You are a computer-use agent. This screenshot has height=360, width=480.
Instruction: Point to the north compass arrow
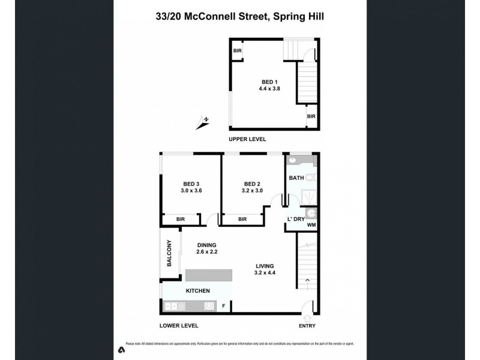202,123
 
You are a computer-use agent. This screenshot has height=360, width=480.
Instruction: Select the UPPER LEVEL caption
247,139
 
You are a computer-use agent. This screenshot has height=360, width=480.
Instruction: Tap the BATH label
296,178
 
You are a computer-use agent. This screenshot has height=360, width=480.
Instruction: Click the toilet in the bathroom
310,177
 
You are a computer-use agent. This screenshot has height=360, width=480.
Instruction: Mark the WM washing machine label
311,225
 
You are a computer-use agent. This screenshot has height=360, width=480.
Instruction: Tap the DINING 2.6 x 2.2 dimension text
206,252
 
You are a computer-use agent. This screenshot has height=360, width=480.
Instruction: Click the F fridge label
224,307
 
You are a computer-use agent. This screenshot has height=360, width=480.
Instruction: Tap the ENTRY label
307,326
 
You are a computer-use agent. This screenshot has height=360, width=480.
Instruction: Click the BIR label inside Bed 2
242,220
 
